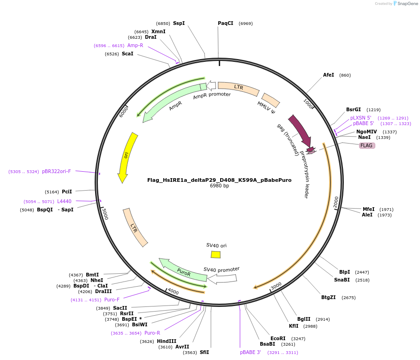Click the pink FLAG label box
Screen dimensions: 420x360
(x=367, y=145)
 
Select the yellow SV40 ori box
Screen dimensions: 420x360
(x=216, y=254)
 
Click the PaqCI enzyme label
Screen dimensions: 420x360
(x=226, y=23)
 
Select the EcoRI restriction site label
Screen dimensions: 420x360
(x=278, y=338)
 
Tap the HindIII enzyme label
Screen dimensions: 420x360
(x=167, y=341)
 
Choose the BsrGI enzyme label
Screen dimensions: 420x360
(x=354, y=109)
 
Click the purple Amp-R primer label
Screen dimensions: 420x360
(x=135, y=45)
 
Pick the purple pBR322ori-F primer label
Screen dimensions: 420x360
(x=56, y=171)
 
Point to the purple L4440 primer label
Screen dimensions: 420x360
(x=64, y=201)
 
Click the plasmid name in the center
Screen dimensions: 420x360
(x=219, y=180)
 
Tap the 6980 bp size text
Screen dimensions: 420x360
(x=219, y=186)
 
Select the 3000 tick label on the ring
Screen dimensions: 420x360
(x=276, y=286)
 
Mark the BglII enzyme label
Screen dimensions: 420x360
(x=304, y=319)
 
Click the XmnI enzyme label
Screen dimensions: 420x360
(x=158, y=31)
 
